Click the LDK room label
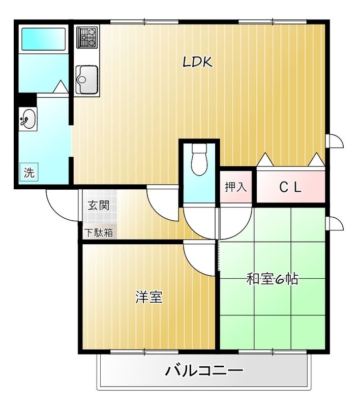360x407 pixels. [197, 62]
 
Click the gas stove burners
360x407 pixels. [87, 37]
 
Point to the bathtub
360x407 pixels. [43, 38]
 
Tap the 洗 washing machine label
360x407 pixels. [29, 172]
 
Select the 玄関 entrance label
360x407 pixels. [99, 206]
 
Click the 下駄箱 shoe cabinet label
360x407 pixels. [99, 233]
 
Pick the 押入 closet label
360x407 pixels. [235, 187]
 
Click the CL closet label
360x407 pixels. [290, 187]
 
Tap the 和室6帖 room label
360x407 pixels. [272, 279]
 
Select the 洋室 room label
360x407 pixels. [149, 297]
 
